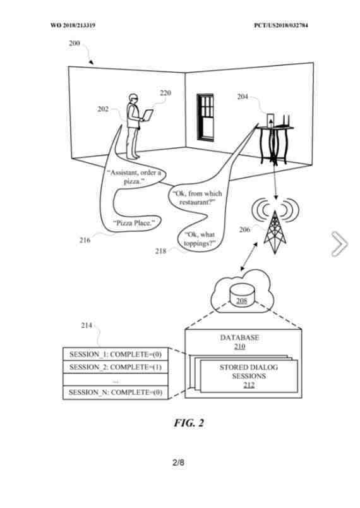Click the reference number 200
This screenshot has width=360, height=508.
pos(74,44)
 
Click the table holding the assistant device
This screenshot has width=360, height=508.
pos(275,142)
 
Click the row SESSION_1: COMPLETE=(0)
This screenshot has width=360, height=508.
pos(115,354)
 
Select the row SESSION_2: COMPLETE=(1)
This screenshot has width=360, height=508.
pos(115,367)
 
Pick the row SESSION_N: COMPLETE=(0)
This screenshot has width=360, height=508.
pos(115,392)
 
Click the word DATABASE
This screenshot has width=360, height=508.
pos(239,338)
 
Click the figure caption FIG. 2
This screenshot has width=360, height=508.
pos(189,423)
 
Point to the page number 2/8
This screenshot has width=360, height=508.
pos(179,463)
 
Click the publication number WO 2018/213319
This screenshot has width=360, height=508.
pos(73,25)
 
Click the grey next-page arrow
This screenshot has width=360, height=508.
pos(339,245)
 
